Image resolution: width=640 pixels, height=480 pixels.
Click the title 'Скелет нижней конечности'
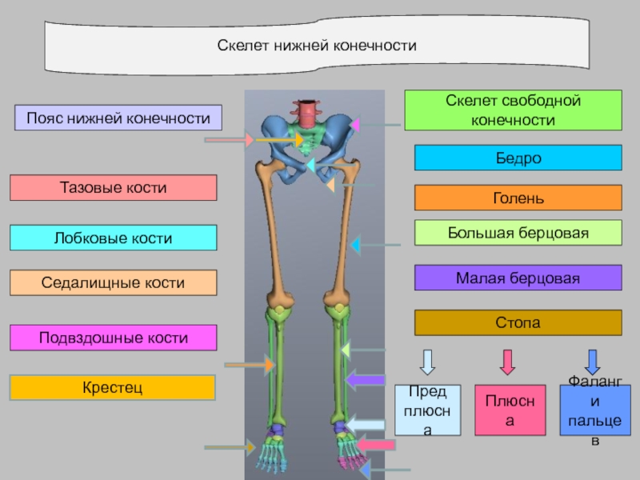click(x=318, y=46)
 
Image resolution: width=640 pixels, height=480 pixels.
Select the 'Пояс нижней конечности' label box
click(x=118, y=118)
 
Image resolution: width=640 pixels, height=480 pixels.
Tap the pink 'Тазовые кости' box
click(x=114, y=188)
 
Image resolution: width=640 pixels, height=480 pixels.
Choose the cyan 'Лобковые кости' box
click(x=114, y=238)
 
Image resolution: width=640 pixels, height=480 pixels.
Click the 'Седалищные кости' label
click(x=114, y=282)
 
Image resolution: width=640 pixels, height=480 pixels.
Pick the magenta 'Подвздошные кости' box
click(x=114, y=338)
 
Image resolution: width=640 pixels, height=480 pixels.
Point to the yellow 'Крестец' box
click(x=113, y=388)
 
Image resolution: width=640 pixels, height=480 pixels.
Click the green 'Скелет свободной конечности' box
click(x=513, y=110)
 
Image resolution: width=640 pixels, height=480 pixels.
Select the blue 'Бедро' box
click(x=518, y=158)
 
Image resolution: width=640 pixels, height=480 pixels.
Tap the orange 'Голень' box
click(x=518, y=198)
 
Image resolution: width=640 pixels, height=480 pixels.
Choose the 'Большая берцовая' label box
click(x=518, y=233)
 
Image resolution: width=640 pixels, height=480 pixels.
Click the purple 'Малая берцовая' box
click(x=518, y=278)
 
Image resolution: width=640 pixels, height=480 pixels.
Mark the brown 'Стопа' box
click(x=518, y=323)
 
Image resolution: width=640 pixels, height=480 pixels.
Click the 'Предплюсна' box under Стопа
click(x=428, y=410)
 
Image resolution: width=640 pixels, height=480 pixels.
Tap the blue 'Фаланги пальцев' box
click(x=594, y=410)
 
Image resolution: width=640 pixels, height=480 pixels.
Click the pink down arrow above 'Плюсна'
click(x=506, y=362)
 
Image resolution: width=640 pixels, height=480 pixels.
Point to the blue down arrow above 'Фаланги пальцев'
click(x=592, y=362)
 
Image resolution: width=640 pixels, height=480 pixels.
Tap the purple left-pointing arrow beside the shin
click(x=365, y=381)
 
